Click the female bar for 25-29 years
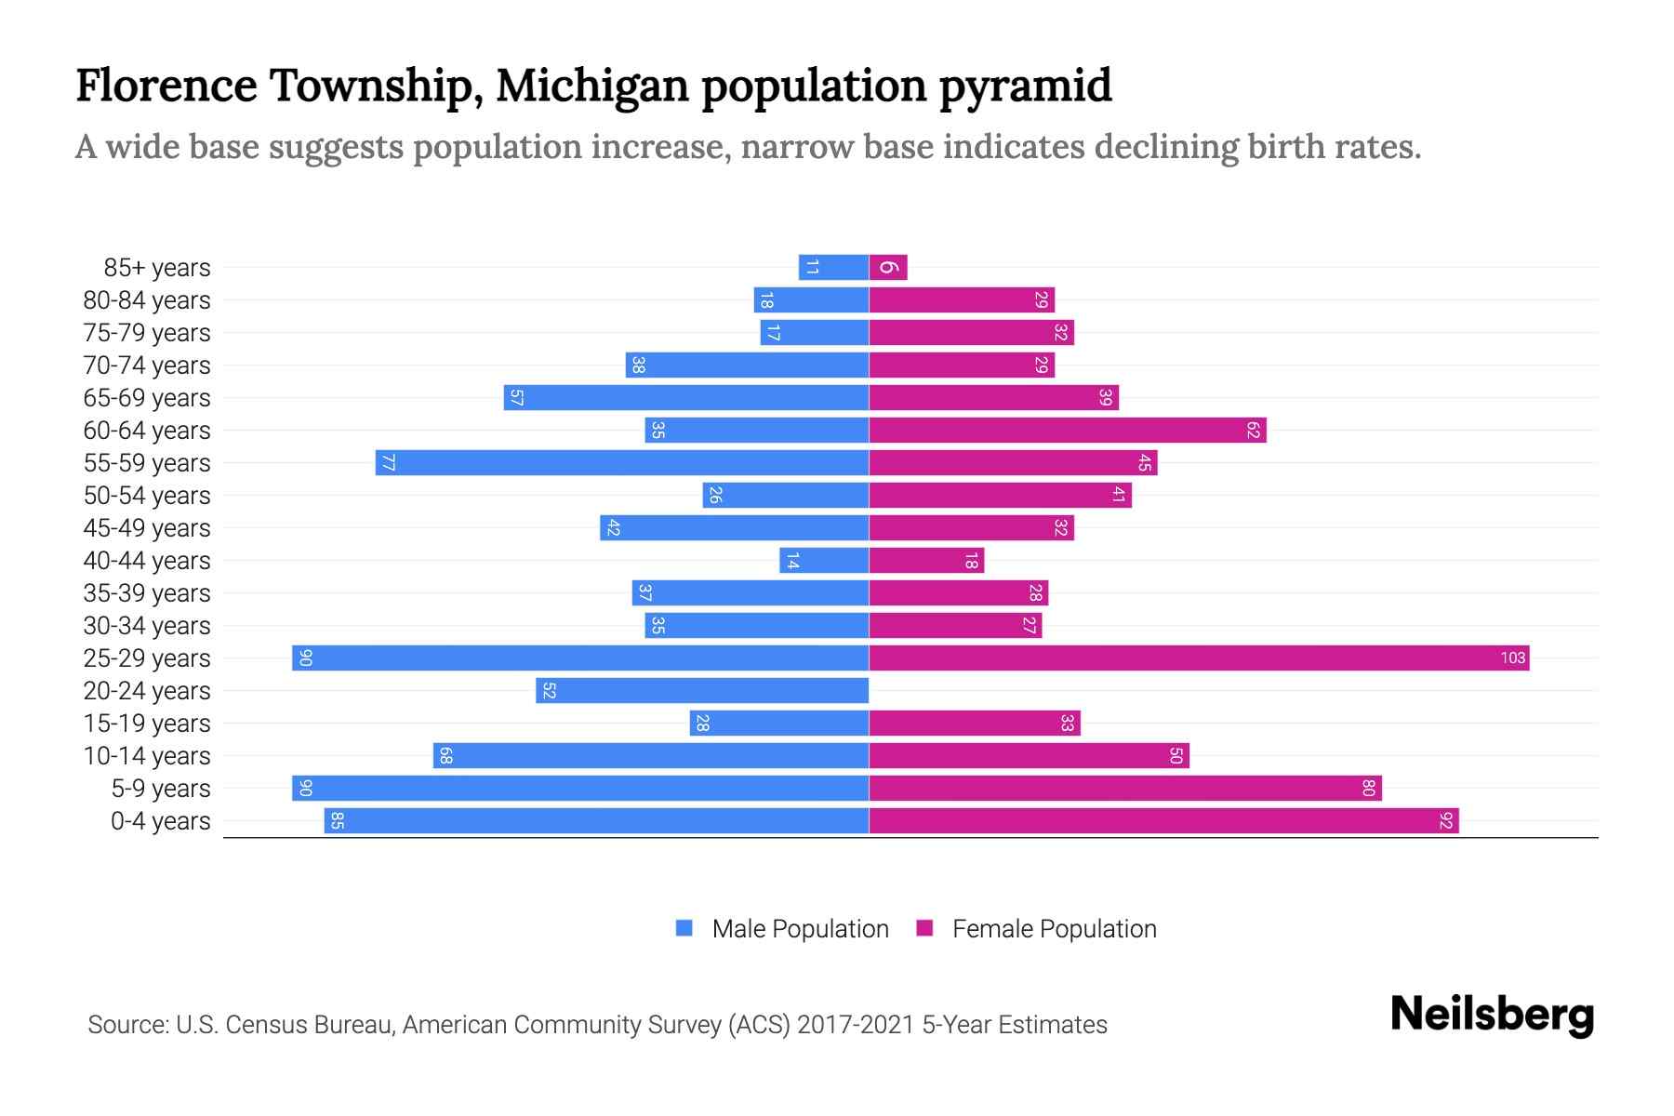click(1199, 658)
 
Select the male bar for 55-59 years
click(622, 463)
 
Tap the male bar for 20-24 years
click(702, 691)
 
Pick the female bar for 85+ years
click(888, 268)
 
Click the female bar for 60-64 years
click(1068, 431)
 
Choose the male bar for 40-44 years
click(824, 561)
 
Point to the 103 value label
click(1512, 658)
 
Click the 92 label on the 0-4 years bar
click(1445, 821)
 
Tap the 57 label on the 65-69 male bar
click(517, 398)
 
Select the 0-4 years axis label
click(160, 821)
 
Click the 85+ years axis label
click(156, 268)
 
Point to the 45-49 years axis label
click(147, 528)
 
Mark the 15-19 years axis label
click(147, 724)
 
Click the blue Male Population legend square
click(684, 928)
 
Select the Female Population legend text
click(1054, 929)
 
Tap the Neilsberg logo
click(1492, 1015)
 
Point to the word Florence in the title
click(166, 86)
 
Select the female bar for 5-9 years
click(1125, 789)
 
